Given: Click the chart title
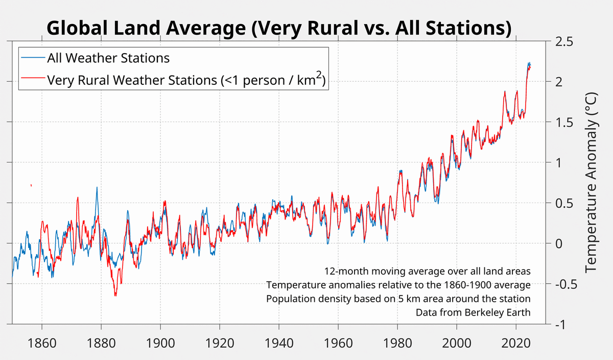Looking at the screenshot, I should click(279, 29).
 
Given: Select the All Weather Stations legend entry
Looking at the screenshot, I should click(108, 58).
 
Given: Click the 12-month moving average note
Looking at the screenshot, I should click(427, 271).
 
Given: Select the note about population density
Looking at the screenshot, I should click(398, 298).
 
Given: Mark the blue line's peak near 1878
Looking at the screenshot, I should click(97, 187).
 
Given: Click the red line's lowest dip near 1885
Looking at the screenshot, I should click(115, 295).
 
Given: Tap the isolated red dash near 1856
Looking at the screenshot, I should click(31, 185).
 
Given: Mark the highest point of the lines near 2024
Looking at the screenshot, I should click(529, 63).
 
